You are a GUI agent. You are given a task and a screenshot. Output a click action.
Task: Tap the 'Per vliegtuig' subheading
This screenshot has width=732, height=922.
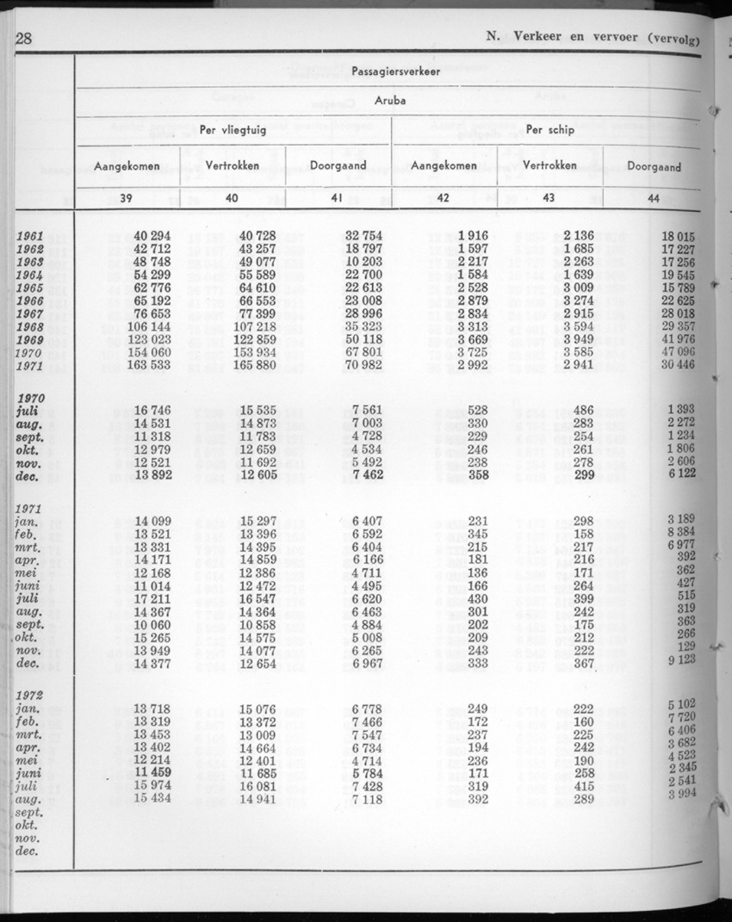(233, 131)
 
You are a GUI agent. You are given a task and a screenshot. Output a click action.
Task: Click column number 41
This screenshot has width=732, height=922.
(338, 198)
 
